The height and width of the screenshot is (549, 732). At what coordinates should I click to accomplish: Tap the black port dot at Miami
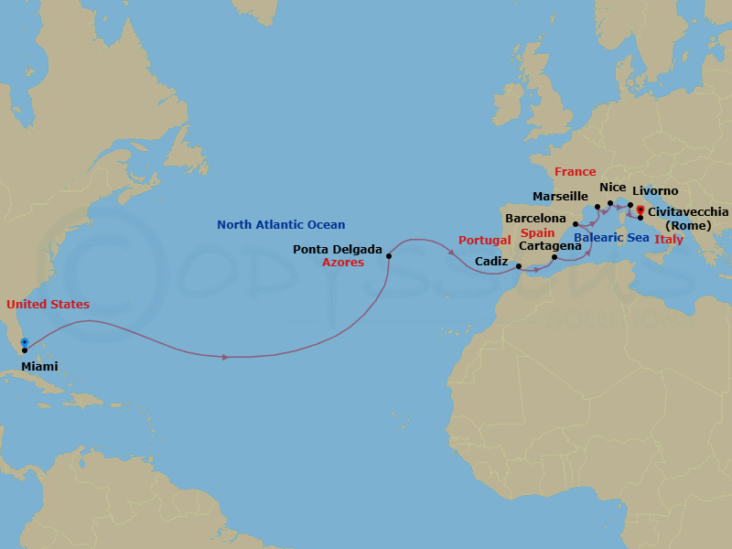coord(24,350)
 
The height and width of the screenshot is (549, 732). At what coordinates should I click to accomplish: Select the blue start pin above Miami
coord(24,342)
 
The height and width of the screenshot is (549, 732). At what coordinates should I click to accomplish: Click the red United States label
coord(48,304)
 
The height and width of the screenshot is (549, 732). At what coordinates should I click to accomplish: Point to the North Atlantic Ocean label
coord(281,225)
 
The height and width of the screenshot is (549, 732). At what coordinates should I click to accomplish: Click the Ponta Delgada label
coord(338,249)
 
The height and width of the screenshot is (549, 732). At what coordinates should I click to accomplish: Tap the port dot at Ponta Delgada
coord(389,256)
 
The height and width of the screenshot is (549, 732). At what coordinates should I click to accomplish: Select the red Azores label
coord(343,263)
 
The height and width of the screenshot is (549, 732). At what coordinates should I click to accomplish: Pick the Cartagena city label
coord(550,246)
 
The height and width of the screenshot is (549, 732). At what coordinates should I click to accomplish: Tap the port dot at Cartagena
coord(554,258)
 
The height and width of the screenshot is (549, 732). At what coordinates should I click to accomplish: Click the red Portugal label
coord(485,241)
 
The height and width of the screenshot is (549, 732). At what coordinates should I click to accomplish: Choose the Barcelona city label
coord(535,219)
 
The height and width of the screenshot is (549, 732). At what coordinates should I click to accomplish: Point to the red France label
coord(575,172)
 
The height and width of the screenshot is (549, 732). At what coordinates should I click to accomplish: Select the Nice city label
coord(613,188)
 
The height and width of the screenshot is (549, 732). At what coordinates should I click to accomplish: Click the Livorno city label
coord(655,191)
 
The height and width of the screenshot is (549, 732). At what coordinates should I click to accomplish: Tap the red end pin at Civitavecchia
coord(640,210)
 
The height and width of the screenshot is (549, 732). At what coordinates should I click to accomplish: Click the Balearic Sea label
coord(612,238)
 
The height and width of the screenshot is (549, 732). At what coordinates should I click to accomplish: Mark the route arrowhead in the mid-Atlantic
coord(226,356)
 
